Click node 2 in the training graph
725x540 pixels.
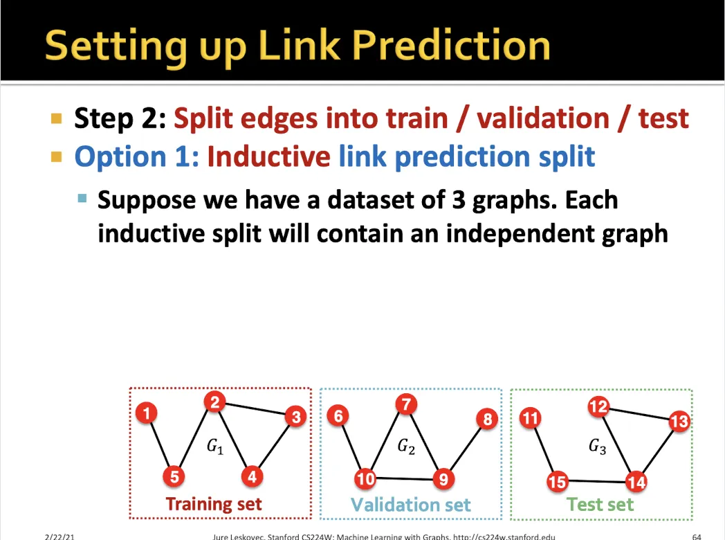[214, 402]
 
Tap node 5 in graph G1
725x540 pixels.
[174, 476]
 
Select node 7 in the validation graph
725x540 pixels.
[406, 404]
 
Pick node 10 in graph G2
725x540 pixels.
[365, 478]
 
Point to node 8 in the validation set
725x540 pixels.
[487, 420]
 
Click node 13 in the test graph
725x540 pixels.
[679, 421]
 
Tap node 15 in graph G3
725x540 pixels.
[557, 482]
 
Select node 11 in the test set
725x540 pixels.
[530, 418]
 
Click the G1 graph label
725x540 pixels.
[215, 447]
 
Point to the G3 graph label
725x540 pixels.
[598, 447]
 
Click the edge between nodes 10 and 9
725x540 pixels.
[404, 478]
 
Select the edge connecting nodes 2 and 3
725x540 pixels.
[255, 409]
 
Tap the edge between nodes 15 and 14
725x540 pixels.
[596, 482]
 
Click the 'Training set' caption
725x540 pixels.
[214, 504]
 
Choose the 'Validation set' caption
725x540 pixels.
[411, 505]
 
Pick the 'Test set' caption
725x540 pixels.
[600, 505]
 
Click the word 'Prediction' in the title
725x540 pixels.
[451, 46]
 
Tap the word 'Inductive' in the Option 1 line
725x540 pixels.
[268, 156]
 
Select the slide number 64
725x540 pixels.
[697, 537]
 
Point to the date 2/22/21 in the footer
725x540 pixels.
[59, 537]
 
